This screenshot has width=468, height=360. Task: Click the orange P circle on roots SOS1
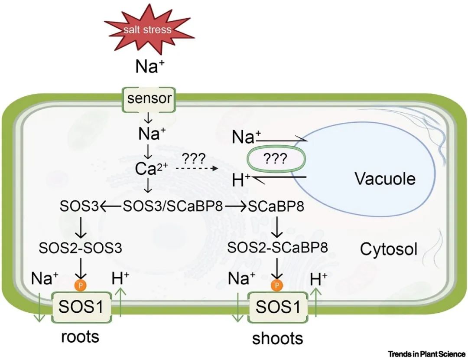(80, 285)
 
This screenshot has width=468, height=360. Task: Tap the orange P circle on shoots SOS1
(277, 285)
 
